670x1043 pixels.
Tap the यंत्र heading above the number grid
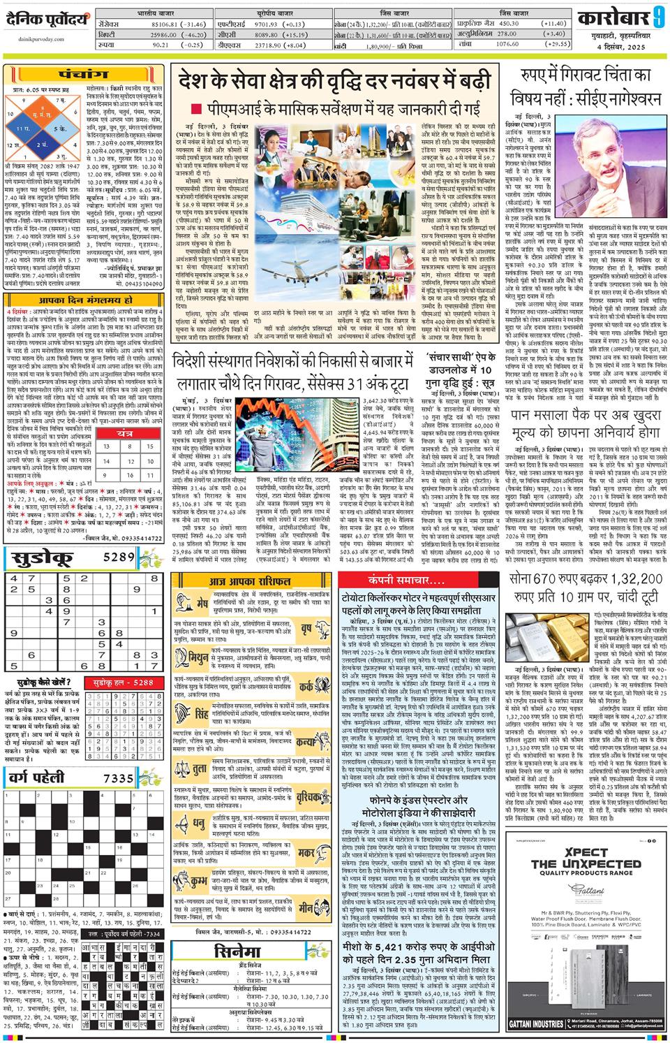coord(126,434)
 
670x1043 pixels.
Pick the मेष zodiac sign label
coord(202,603)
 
